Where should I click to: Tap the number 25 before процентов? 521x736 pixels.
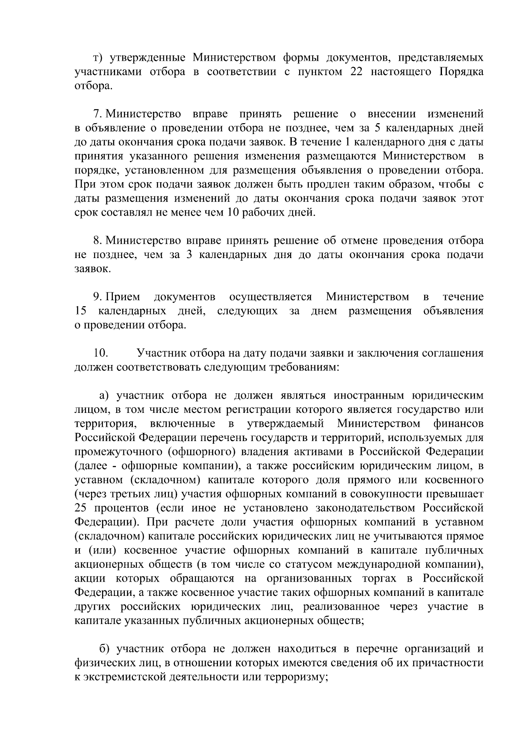(81, 508)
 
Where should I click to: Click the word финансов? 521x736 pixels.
(458, 423)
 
